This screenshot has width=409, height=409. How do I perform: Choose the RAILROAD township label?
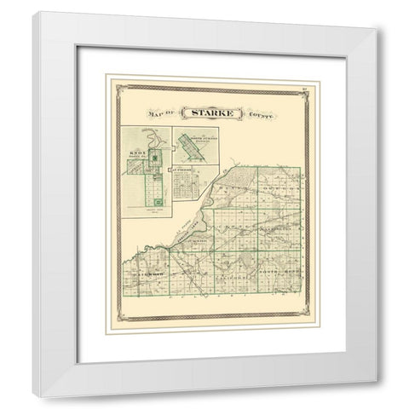(151, 274)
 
